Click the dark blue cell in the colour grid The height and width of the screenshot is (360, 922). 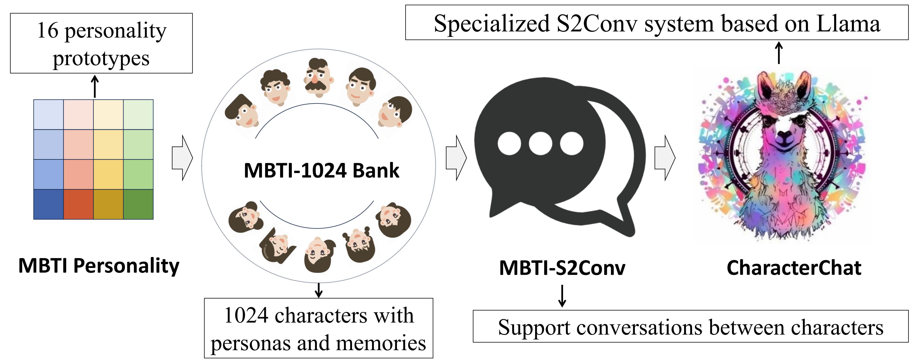coord(48,204)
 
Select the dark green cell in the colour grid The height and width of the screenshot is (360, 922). coord(138,204)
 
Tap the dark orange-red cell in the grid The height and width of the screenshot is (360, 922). coord(78,204)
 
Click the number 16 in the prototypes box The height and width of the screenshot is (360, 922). coord(48,31)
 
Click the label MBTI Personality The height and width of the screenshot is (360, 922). coord(99,266)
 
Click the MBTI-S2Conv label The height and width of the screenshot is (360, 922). coord(562,268)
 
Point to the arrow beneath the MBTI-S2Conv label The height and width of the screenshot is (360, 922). coord(562,296)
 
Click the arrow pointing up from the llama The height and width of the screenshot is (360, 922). coord(779,53)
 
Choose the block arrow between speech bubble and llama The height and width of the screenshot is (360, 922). coord(665,157)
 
